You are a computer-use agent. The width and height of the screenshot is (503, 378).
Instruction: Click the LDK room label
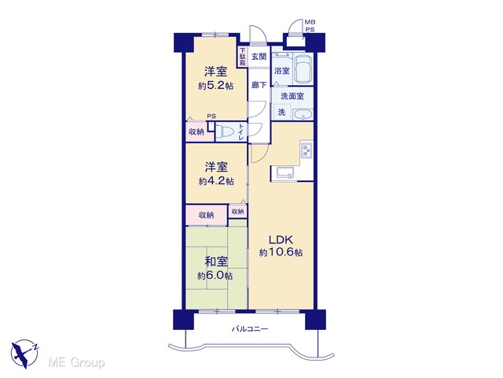click(281, 239)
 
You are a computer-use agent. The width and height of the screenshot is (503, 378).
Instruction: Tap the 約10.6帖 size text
click(281, 253)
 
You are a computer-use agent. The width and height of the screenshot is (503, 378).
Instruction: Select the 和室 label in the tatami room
click(216, 262)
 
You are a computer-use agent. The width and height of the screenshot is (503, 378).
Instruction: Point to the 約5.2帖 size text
click(215, 86)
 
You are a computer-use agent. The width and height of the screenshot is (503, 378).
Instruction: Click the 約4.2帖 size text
click(216, 181)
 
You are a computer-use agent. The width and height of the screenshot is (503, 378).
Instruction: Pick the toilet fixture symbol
click(226, 132)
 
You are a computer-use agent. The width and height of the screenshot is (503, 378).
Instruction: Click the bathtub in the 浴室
click(303, 69)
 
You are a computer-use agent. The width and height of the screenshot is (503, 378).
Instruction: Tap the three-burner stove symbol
click(307, 150)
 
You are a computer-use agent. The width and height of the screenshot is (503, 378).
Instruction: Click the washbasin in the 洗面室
click(303, 114)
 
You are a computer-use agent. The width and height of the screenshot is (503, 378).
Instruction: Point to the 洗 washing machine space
click(281, 112)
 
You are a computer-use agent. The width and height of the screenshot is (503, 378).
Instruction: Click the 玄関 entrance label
click(259, 57)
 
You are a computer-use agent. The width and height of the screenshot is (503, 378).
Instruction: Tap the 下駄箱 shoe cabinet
click(243, 57)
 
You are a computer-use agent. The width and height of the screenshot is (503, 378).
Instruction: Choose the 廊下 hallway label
click(259, 85)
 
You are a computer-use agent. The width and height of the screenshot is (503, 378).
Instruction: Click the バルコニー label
click(250, 329)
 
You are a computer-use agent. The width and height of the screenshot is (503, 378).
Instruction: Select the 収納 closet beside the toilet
click(196, 132)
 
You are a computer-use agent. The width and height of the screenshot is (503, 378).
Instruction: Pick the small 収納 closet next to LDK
click(237, 212)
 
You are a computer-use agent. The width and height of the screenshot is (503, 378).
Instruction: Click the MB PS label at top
click(310, 26)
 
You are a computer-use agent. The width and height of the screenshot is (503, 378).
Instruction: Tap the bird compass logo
click(24, 354)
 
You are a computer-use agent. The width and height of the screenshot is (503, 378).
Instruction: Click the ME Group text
click(76, 362)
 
